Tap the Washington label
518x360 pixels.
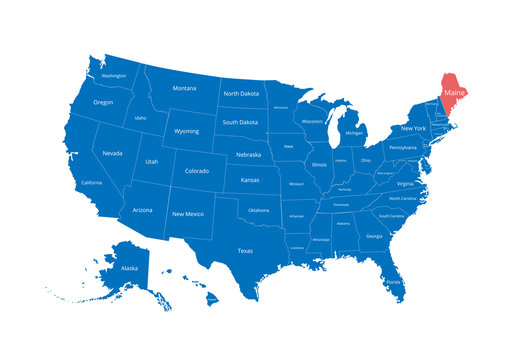click(x=113, y=75)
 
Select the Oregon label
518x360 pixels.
click(x=103, y=102)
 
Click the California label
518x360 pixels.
click(x=91, y=183)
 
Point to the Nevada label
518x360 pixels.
click(x=113, y=153)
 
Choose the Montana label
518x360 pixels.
click(x=184, y=88)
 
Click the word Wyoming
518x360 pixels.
click(x=187, y=131)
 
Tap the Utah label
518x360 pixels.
click(x=151, y=162)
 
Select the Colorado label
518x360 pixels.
click(x=197, y=171)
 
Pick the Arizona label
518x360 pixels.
click(x=143, y=210)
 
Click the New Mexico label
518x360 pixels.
click(x=187, y=214)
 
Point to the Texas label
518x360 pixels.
click(x=245, y=251)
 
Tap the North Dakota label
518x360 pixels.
click(x=241, y=94)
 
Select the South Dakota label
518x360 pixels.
click(x=241, y=122)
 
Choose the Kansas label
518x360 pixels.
click(x=250, y=181)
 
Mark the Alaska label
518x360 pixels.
click(x=130, y=268)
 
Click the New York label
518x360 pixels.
click(x=413, y=128)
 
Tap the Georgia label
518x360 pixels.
click(x=374, y=236)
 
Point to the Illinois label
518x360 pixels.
click(x=319, y=164)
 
